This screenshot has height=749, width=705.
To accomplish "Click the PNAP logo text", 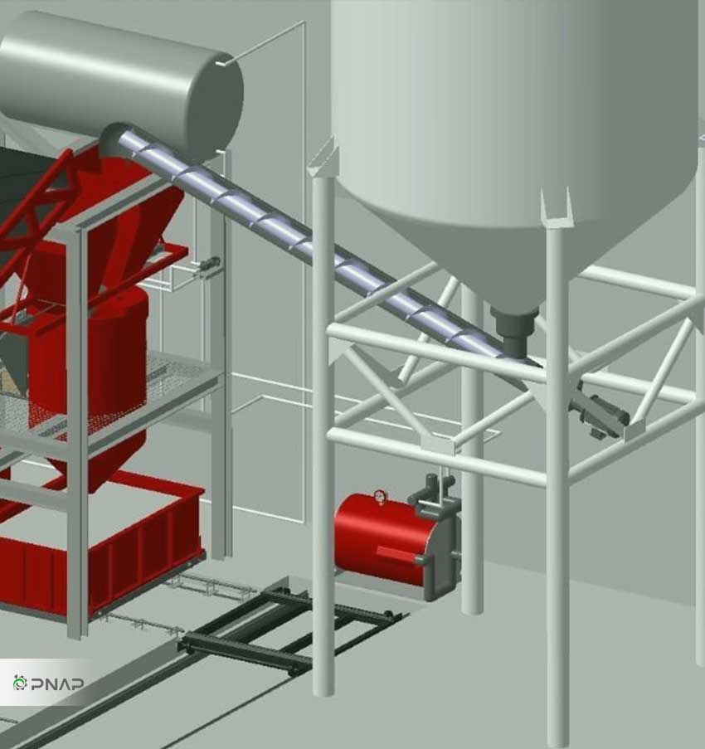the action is pos(57,683).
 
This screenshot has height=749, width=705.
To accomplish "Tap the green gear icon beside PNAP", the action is pos(20,683).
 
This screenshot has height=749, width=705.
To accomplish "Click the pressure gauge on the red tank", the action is pos(380,496).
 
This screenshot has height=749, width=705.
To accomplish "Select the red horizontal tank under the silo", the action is pos(382,540).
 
